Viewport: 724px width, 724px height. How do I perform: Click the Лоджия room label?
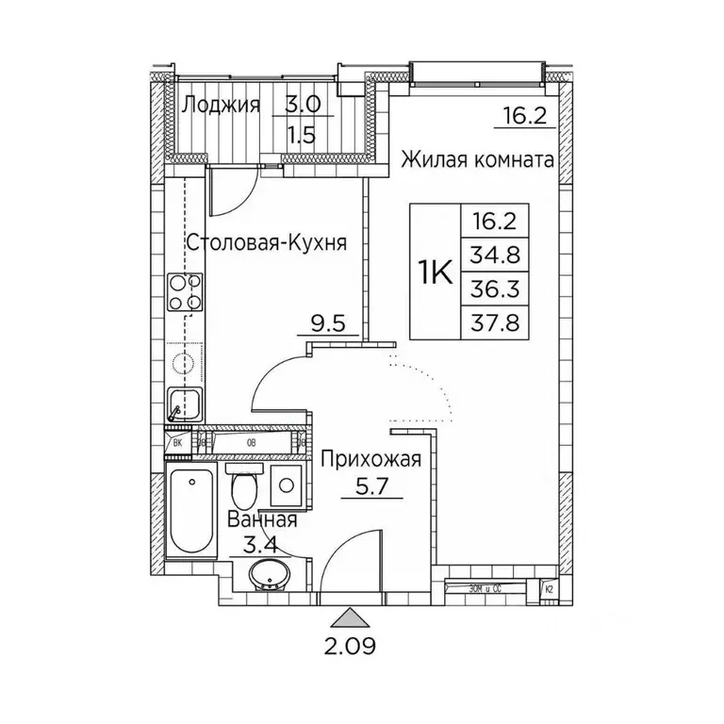[x=220, y=104]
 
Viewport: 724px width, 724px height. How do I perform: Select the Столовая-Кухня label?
[x=267, y=242]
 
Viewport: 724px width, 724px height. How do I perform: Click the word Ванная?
[x=263, y=520]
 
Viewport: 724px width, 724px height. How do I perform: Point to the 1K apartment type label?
[x=435, y=272]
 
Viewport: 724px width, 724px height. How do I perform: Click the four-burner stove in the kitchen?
[x=185, y=292]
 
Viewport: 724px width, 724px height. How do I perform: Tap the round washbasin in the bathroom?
[x=271, y=573]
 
